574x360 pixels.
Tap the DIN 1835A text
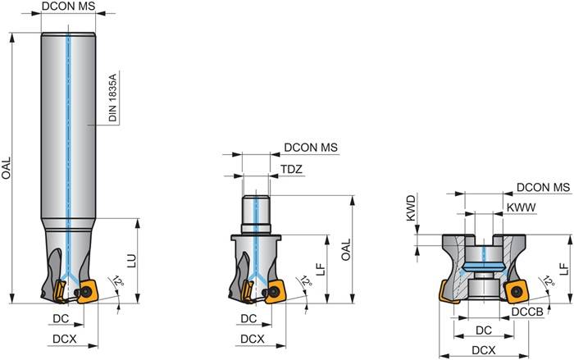(113, 96)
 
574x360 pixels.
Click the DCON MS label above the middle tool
(311, 148)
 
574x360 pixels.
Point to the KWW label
(521, 208)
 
